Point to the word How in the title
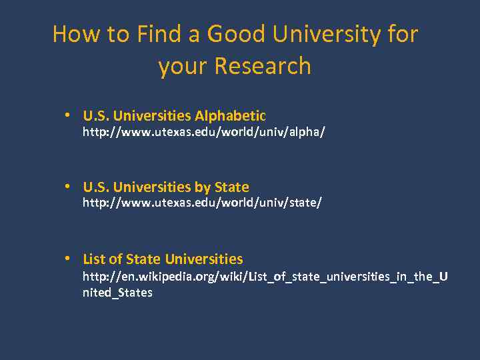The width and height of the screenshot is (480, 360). point(69,33)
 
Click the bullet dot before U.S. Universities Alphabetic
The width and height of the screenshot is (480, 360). point(69,115)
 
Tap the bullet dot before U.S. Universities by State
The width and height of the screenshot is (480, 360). point(69,187)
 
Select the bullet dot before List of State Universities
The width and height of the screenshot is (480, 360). point(69,259)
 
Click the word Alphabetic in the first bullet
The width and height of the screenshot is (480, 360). point(230,115)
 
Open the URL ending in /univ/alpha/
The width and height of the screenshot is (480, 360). point(203,133)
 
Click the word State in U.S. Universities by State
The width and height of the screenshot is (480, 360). point(231,187)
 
